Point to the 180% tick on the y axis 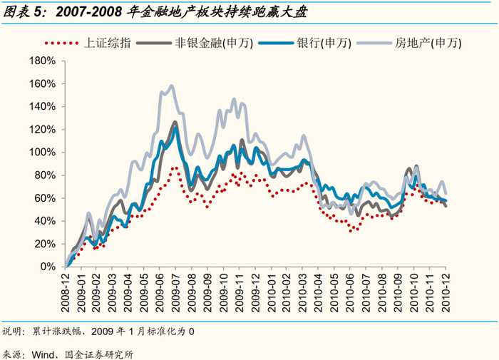click(42, 61)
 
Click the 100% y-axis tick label click(42, 153)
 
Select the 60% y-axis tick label click(45, 198)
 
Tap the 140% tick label click(42, 107)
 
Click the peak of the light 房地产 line click(172, 86)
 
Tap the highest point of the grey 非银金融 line click(175, 122)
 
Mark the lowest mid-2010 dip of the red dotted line click(351, 231)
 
